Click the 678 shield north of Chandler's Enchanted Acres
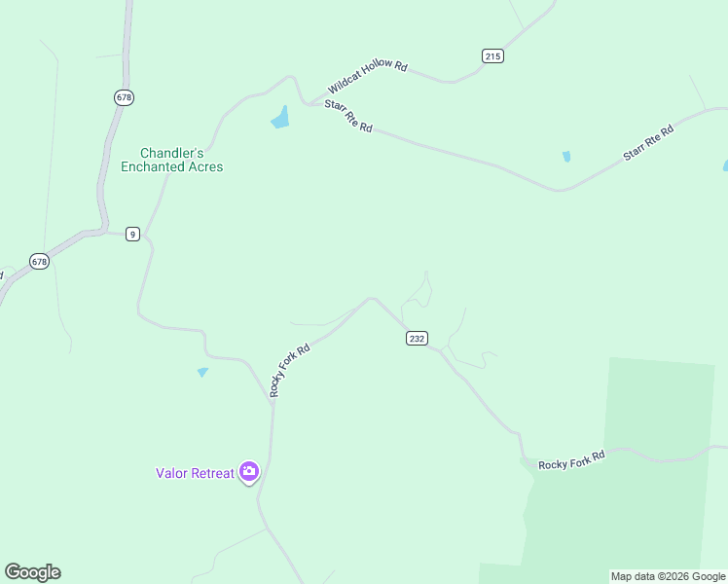[123, 97]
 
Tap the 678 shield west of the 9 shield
[39, 262]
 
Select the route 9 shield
[132, 234]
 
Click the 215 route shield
[492, 56]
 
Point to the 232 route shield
[417, 338]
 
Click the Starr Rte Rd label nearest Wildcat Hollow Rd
[347, 114]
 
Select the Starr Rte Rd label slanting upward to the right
[648, 143]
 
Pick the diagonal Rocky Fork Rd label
[289, 370]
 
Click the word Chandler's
[172, 153]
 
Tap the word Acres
[204, 167]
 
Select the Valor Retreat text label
[195, 474]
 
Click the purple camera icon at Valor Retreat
[249, 472]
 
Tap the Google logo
[32, 572]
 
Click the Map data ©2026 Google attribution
[668, 576]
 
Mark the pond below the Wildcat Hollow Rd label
[280, 118]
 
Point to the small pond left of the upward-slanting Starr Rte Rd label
[566, 156]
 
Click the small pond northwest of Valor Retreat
[202, 372]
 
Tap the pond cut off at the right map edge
[725, 165]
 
